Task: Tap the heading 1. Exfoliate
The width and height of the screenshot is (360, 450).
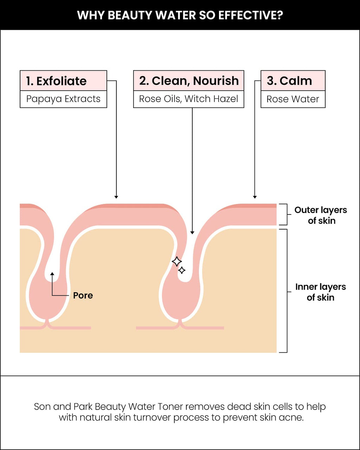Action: click(x=56, y=81)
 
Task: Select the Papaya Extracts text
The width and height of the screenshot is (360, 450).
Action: click(x=63, y=99)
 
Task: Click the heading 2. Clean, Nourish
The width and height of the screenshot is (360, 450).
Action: click(x=189, y=81)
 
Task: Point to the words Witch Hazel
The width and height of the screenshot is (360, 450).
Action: click(x=211, y=99)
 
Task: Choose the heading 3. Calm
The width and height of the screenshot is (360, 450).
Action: click(x=289, y=81)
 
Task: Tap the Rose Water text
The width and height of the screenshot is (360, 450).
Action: click(x=292, y=99)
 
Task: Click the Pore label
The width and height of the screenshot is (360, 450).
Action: click(x=83, y=295)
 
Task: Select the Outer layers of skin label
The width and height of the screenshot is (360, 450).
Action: click(x=321, y=215)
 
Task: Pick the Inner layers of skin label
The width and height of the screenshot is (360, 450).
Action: click(x=321, y=292)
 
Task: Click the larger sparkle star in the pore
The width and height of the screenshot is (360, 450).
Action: click(x=177, y=261)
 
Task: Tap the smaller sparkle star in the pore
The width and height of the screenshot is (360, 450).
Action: click(x=181, y=270)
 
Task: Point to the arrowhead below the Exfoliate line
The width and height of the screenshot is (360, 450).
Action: click(x=116, y=197)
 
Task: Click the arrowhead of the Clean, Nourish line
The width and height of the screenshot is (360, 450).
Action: click(x=192, y=233)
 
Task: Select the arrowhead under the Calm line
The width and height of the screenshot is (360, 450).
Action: click(x=255, y=197)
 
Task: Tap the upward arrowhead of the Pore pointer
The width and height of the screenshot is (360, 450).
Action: click(x=52, y=274)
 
